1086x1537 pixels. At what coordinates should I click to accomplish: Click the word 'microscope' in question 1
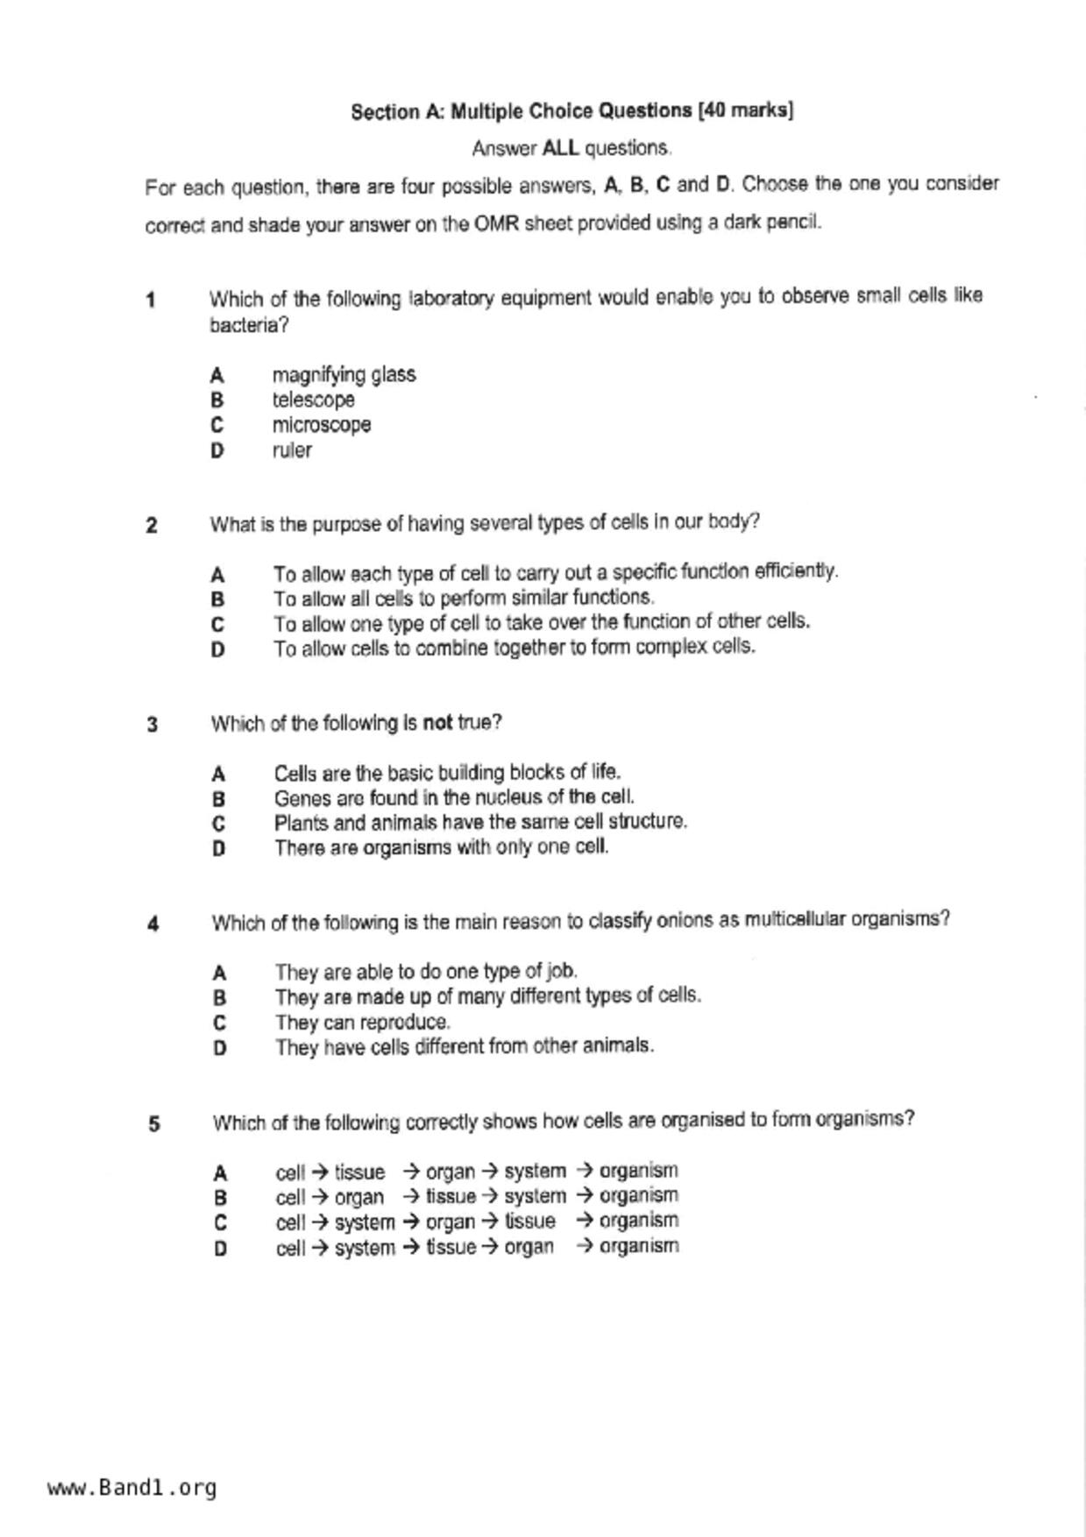click(x=321, y=425)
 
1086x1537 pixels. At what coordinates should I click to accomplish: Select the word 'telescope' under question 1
click(x=313, y=400)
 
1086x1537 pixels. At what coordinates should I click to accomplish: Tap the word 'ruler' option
click(x=292, y=450)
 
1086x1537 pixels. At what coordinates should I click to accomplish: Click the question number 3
click(x=153, y=725)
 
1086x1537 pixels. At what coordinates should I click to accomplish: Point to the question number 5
click(x=154, y=1123)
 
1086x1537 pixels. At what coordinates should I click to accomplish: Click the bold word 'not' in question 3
click(x=437, y=723)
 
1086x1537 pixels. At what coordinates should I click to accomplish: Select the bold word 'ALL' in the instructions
click(x=560, y=148)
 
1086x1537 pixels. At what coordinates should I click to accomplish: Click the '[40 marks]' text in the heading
click(x=745, y=110)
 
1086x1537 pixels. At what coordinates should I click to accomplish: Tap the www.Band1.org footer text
click(x=131, y=1488)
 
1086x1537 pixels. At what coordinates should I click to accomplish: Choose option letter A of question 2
click(x=217, y=575)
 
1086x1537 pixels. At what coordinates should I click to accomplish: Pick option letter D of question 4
click(x=220, y=1048)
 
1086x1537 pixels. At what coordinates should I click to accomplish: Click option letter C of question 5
click(x=220, y=1222)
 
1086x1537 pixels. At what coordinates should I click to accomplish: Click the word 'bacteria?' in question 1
click(x=249, y=325)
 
